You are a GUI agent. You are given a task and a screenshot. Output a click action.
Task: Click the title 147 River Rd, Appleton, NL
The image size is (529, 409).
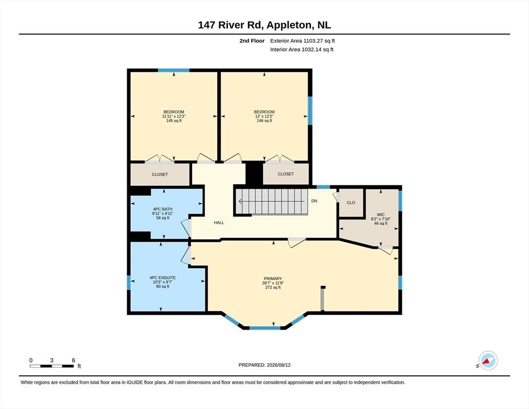(264, 25)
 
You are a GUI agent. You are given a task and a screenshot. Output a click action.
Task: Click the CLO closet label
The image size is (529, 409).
(351, 203)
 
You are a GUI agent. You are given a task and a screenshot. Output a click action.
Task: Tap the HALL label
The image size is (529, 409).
(219, 223)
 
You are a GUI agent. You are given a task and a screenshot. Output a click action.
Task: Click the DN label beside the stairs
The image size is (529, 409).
(314, 201)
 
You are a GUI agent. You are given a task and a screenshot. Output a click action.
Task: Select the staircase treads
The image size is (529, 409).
(272, 202)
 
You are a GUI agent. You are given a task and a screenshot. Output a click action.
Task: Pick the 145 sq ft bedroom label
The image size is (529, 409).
(173, 116)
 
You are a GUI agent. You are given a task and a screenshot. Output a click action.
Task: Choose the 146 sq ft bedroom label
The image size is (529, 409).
(264, 116)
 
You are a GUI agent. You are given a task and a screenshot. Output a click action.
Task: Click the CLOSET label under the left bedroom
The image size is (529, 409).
(160, 175)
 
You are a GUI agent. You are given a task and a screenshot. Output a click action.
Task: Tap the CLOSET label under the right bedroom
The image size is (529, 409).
(286, 174)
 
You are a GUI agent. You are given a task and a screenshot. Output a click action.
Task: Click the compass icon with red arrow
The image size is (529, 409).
(488, 361)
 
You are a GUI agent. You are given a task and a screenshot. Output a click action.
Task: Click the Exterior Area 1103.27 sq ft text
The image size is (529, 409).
(302, 41)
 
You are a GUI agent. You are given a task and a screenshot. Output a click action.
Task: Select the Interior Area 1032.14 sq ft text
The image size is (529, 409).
(302, 50)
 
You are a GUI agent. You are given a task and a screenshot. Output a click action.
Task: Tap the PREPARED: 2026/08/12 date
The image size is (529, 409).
(264, 365)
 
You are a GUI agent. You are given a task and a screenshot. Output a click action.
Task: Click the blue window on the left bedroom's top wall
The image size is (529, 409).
(173, 70)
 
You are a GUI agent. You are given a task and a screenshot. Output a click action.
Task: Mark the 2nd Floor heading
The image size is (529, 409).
(252, 41)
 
